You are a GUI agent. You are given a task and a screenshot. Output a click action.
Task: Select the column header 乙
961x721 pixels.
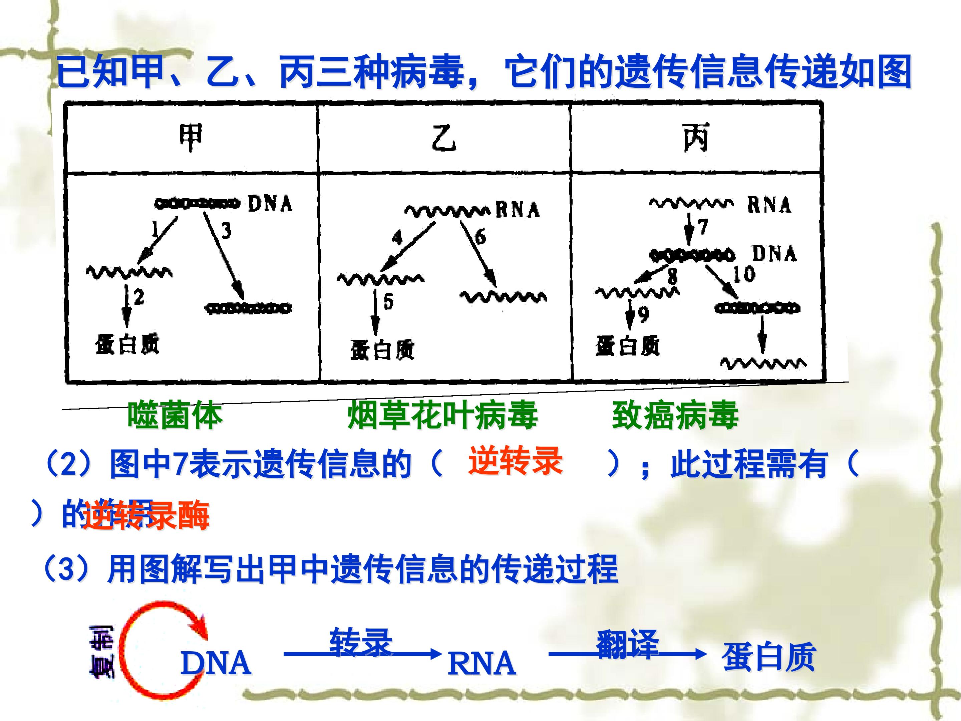click(443, 138)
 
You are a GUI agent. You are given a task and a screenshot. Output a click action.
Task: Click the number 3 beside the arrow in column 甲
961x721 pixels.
click(226, 230)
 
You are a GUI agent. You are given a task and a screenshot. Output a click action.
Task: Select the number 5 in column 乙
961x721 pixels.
click(388, 301)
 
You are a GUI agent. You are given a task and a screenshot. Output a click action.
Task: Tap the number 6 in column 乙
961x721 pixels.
click(480, 237)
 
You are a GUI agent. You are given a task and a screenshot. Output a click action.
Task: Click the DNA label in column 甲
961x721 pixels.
click(270, 203)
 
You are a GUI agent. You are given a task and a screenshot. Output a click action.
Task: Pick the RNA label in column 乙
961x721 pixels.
click(518, 210)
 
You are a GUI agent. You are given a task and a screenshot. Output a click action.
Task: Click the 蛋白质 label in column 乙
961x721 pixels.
click(382, 350)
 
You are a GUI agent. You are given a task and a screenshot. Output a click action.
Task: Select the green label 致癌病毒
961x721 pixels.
click(675, 416)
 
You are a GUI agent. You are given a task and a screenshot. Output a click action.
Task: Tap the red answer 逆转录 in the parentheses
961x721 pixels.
click(515, 461)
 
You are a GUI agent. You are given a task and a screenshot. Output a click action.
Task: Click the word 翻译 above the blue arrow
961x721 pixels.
click(627, 643)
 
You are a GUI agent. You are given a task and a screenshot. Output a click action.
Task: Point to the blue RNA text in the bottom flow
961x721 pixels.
click(482, 664)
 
